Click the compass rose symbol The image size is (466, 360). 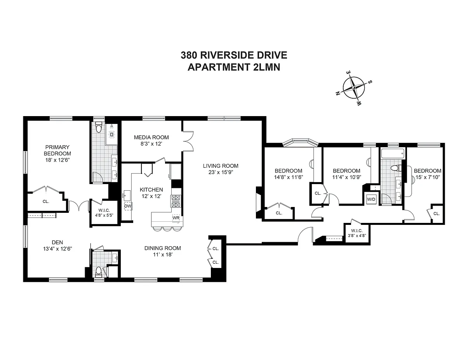(x=353, y=88)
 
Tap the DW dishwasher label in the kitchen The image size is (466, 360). (x=128, y=206)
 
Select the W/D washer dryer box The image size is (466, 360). (x=371, y=199)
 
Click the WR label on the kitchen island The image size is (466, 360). (x=176, y=218)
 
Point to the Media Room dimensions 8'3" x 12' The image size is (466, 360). (x=151, y=144)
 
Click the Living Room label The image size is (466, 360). (x=221, y=166)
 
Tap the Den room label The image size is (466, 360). (x=57, y=242)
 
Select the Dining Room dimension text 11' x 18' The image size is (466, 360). (x=163, y=254)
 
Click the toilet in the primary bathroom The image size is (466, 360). (x=98, y=127)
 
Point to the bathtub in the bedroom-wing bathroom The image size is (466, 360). (x=393, y=154)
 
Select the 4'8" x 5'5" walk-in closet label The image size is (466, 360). (x=104, y=215)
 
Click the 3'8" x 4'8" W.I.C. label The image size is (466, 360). (x=357, y=235)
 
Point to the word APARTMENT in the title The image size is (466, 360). (x=218, y=67)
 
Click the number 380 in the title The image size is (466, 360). (x=189, y=55)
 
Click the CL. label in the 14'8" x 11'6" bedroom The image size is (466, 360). (x=279, y=213)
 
